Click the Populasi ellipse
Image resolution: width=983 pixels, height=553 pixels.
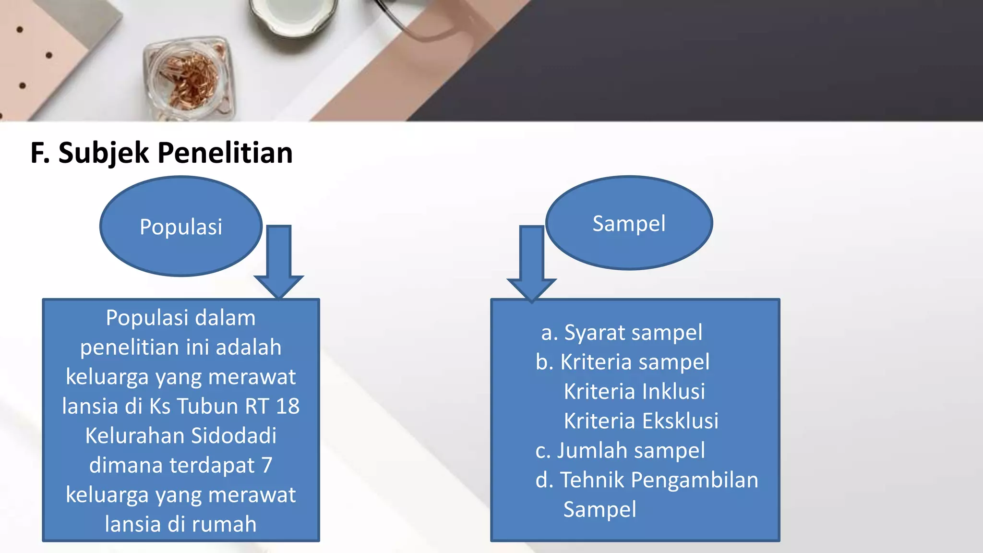coord(181,226)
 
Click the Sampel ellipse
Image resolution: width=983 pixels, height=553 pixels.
coord(629,223)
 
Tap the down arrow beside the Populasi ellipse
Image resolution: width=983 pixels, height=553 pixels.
coord(279,262)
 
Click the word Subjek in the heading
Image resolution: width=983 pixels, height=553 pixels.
coord(104,153)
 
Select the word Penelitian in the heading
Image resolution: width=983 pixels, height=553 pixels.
coord(225,153)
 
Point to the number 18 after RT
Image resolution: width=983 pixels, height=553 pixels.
coord(288,406)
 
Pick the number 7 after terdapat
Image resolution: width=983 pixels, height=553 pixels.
coord(267,465)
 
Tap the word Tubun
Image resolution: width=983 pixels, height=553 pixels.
coord(212,406)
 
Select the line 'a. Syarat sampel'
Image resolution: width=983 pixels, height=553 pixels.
coord(622,333)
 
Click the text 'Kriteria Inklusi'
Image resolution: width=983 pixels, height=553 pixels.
coord(634,391)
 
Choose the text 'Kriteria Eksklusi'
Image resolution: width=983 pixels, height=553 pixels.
coord(641,421)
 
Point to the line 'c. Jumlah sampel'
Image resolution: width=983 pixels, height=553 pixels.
coord(620,451)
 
